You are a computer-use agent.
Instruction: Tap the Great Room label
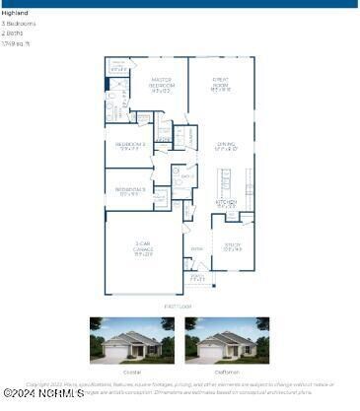221,86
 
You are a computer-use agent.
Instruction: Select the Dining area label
226,146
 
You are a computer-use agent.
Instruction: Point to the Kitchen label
226,203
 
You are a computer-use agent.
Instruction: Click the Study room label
233,246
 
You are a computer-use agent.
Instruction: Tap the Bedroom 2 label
131,148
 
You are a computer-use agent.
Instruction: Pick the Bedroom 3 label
130,190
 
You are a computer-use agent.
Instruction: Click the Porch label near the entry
197,278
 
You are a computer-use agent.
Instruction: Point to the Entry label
196,249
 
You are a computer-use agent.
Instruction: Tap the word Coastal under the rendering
132,372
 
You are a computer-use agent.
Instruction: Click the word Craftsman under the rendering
227,372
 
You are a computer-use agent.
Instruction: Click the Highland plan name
16,14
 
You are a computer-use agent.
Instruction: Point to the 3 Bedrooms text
19,24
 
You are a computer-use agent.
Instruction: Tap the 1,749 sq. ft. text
17,43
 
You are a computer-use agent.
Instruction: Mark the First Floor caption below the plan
180,307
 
